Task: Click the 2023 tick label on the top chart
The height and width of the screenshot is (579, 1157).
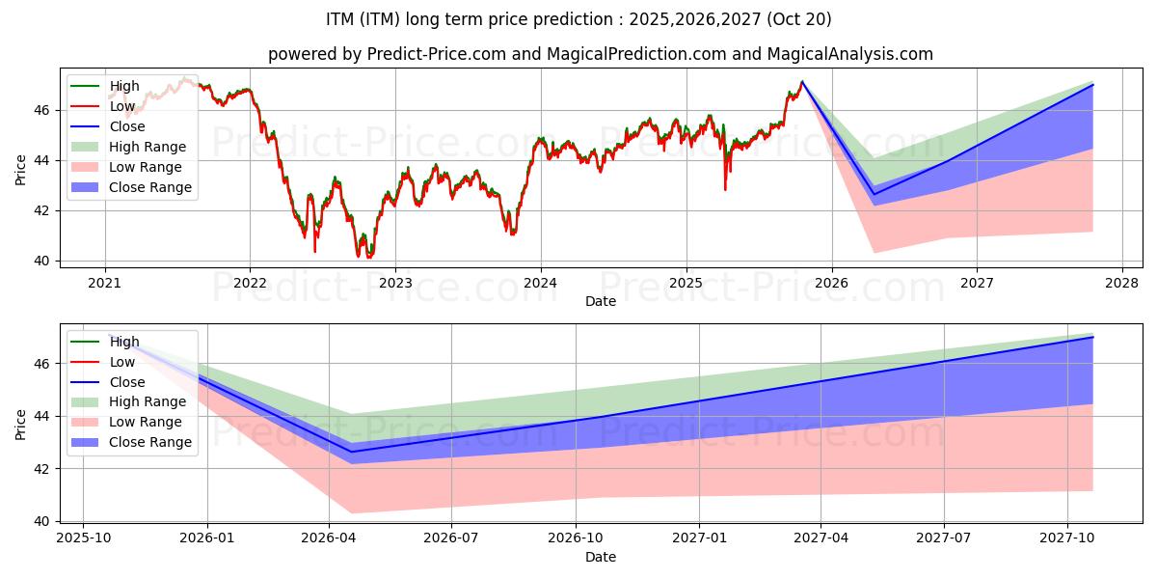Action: (x=395, y=283)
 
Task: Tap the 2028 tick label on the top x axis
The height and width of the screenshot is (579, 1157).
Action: (x=1122, y=283)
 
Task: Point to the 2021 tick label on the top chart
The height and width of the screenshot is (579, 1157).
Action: (x=104, y=283)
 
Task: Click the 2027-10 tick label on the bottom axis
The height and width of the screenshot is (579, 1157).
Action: (x=1067, y=538)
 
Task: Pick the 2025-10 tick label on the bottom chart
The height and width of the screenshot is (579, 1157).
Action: (x=83, y=538)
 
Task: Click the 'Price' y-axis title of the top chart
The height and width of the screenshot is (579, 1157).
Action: (x=21, y=171)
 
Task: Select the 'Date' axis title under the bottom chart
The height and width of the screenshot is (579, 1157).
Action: (x=601, y=557)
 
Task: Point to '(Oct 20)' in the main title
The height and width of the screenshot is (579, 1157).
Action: (x=799, y=19)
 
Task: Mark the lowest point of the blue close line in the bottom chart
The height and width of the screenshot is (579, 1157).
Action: (x=351, y=452)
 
